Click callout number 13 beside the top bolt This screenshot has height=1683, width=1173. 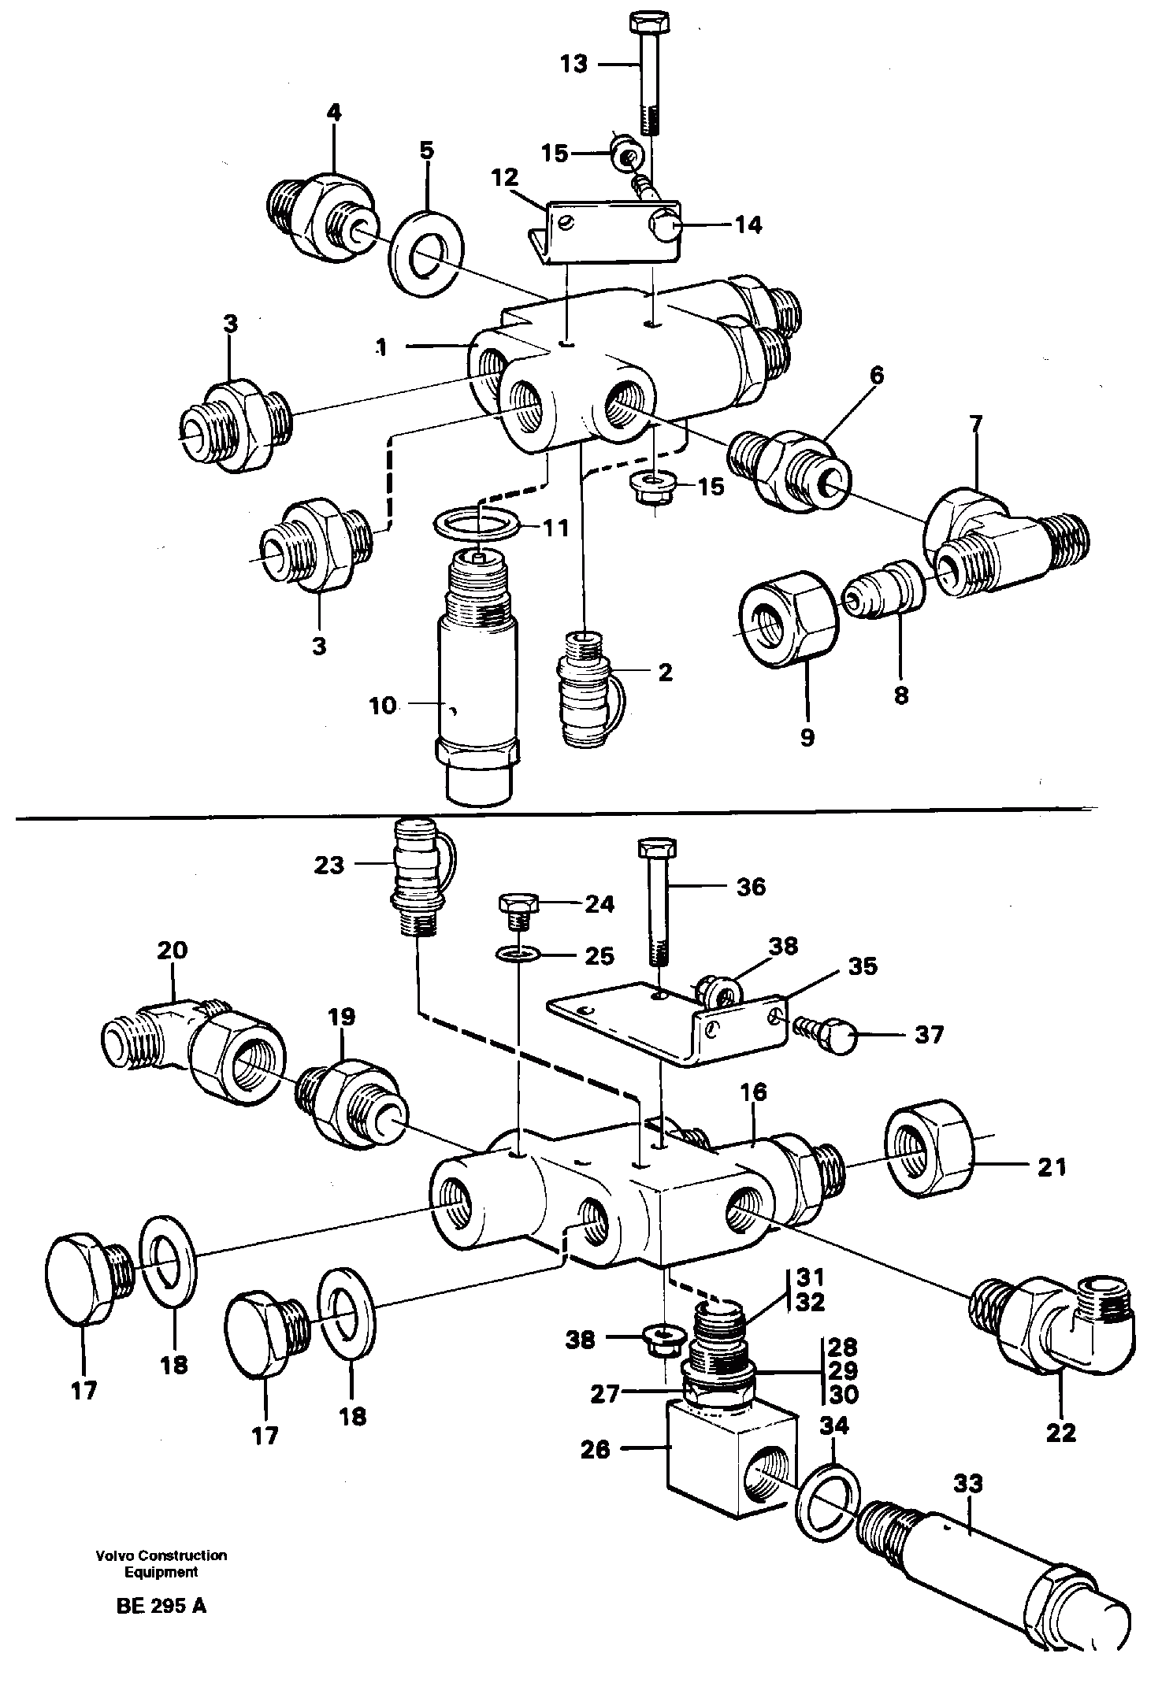pyautogui.click(x=574, y=64)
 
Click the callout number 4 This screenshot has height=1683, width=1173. pyautogui.click(x=334, y=113)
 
